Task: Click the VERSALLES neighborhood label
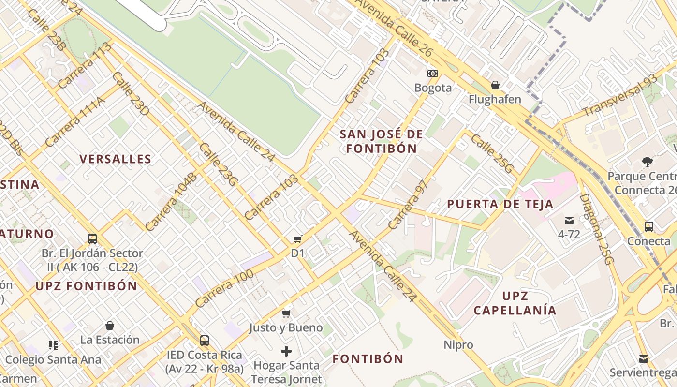click(116, 159)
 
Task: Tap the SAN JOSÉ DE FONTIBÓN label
click(381, 141)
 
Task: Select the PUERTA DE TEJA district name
click(500, 204)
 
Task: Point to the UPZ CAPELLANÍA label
click(515, 303)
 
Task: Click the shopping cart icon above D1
click(297, 239)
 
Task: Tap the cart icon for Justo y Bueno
click(286, 314)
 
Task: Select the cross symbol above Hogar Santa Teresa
click(286, 351)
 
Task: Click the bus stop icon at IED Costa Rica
click(205, 341)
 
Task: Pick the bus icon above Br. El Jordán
click(92, 239)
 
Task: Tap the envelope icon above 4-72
click(569, 221)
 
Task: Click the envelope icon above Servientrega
click(643, 359)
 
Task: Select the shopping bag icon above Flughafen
click(495, 86)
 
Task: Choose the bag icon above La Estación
click(110, 326)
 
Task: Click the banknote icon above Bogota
click(433, 74)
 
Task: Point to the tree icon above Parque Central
click(647, 162)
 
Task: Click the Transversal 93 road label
click(619, 96)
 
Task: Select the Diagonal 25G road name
click(596, 229)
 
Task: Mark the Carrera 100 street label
click(224, 289)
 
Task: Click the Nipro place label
click(458, 345)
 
